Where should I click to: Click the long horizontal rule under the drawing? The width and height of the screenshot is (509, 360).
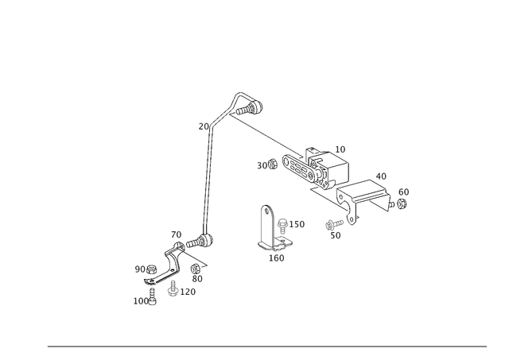coord(266,346)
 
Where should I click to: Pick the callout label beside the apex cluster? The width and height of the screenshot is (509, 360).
coord(204,126)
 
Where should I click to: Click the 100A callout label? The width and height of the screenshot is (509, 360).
coord(142,301)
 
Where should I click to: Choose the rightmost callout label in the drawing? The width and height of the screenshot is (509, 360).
coord(404,192)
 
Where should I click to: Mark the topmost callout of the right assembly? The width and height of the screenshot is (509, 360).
coord(340,149)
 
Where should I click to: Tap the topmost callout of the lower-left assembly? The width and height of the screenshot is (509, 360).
coord(176,233)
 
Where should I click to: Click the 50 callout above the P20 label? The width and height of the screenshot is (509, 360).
coord(195,277)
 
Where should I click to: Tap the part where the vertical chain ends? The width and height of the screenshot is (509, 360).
coord(208,237)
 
